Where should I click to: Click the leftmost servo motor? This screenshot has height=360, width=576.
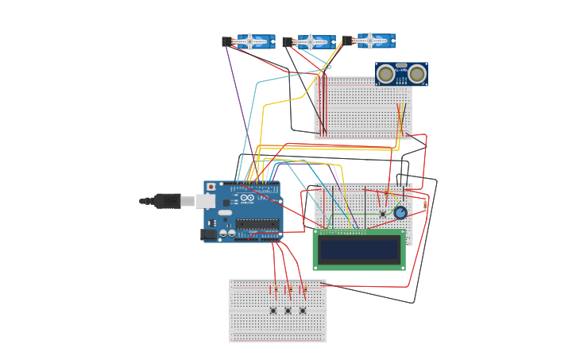point(255,41)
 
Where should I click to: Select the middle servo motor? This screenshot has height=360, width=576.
point(315,41)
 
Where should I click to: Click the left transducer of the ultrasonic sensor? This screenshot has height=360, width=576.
point(386,75)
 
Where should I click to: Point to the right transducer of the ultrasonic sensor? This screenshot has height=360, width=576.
point(416,75)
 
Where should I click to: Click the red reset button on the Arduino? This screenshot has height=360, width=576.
point(211,188)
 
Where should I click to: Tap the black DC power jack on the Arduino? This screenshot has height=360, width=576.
point(209,234)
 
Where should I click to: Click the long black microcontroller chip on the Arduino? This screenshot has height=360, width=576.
point(257,224)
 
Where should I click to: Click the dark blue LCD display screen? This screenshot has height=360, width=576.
point(358,250)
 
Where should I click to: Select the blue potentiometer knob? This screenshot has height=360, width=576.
point(400,213)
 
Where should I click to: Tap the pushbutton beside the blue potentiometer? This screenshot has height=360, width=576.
point(383,213)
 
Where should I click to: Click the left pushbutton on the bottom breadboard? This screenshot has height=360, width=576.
point(273,310)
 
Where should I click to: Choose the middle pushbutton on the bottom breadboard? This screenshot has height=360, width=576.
point(288,310)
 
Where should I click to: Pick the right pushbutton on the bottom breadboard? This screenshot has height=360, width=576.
point(302,310)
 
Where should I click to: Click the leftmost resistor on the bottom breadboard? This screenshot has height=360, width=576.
point(276,290)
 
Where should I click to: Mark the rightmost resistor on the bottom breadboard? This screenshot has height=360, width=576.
point(304,290)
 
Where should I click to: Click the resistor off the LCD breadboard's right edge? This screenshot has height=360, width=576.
point(425,205)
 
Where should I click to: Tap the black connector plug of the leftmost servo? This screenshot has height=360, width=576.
point(226,41)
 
